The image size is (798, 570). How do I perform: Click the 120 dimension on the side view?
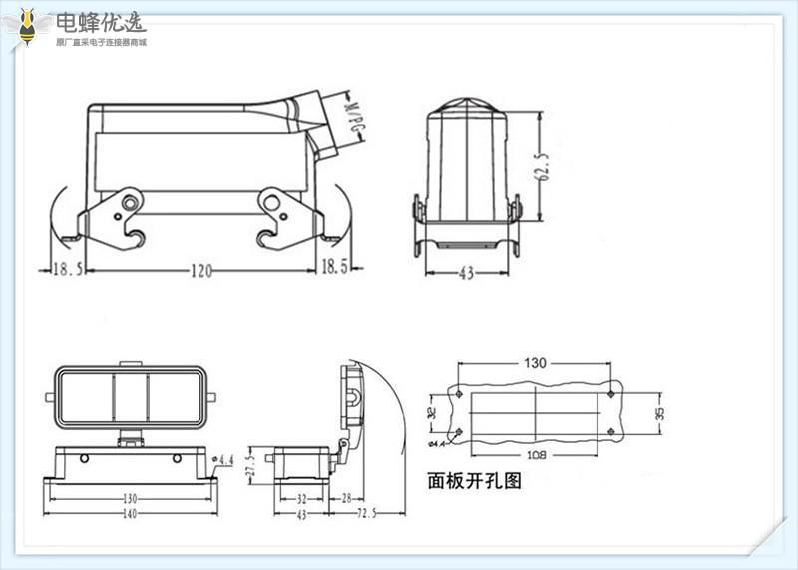(x=201, y=268)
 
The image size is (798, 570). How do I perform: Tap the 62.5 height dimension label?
(x=544, y=165)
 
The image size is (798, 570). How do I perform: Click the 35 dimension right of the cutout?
(x=659, y=411)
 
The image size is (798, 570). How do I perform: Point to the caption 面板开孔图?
(x=474, y=480)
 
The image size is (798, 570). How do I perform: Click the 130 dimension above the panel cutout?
(x=535, y=363)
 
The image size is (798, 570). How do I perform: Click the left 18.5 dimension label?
(x=67, y=268)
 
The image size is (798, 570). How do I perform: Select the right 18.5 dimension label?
(x=335, y=268)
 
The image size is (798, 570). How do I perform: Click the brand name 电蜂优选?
(x=100, y=22)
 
